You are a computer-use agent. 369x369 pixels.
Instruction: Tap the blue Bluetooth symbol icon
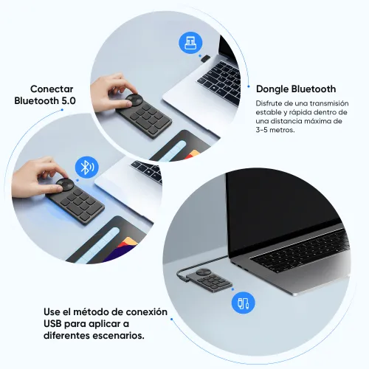pyautogui.click(x=87, y=167)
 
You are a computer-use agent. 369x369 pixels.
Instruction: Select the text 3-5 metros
pyautogui.click(x=275, y=130)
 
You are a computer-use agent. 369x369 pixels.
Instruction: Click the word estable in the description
pyautogui.click(x=271, y=112)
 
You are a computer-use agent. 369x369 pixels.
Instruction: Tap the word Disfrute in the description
pyautogui.click(x=271, y=103)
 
